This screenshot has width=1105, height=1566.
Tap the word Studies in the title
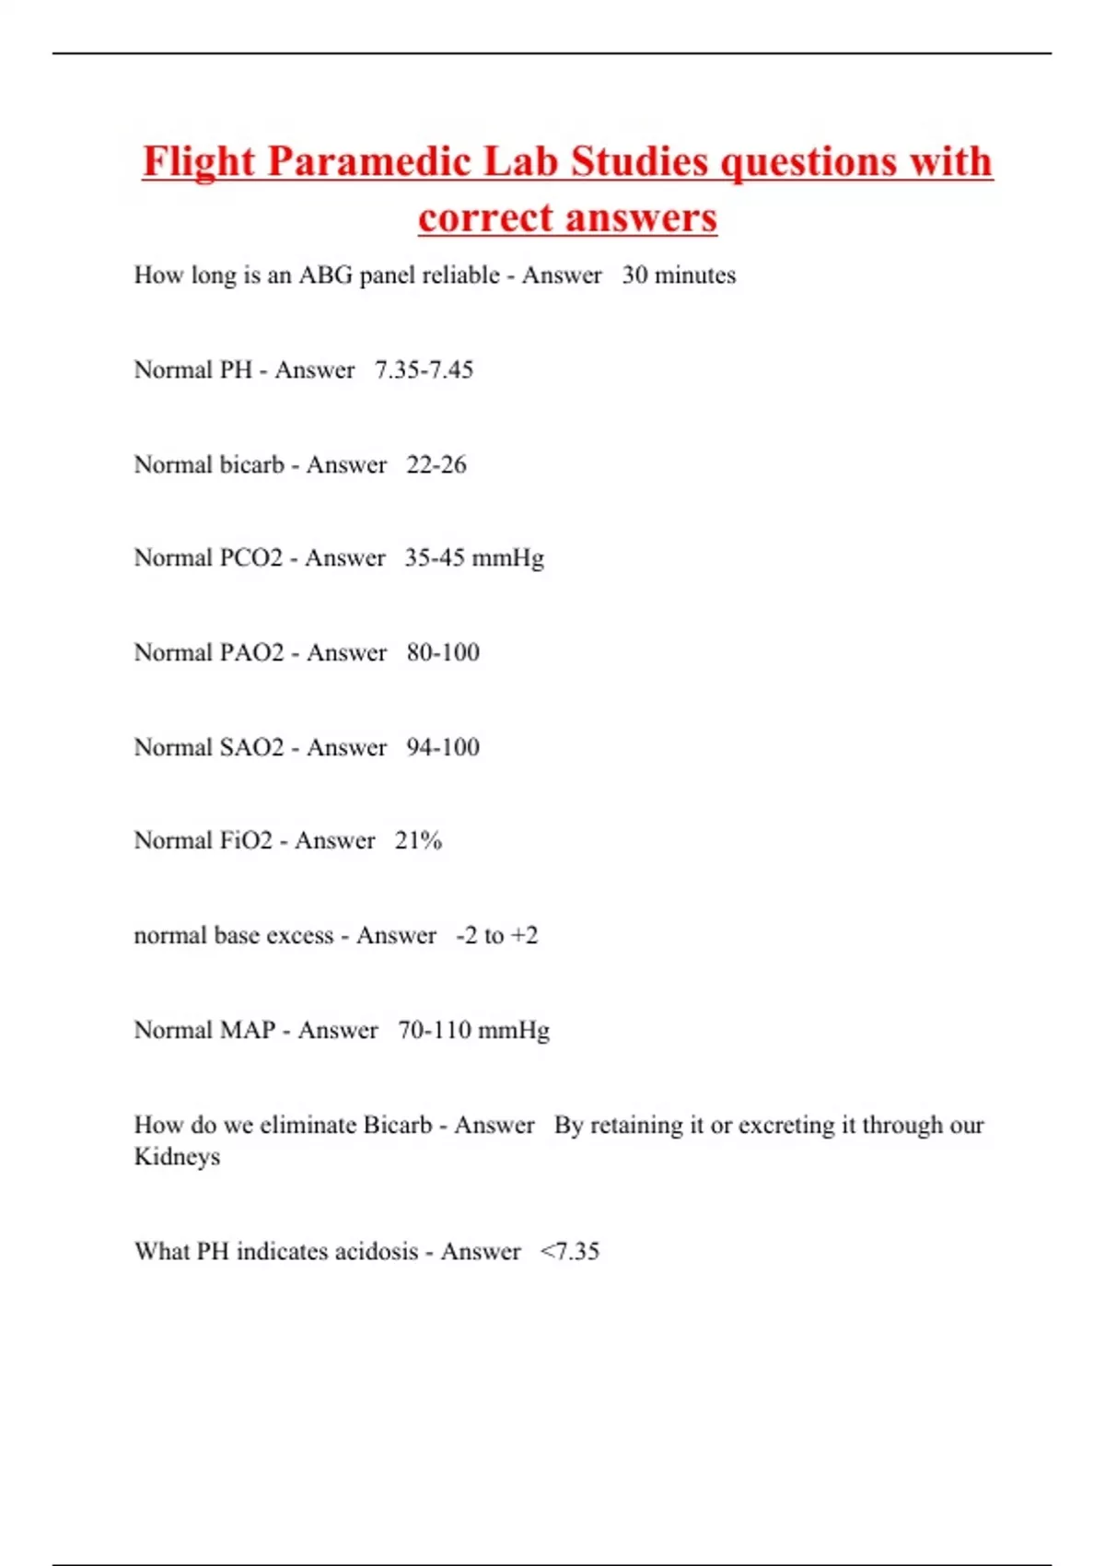click(x=640, y=163)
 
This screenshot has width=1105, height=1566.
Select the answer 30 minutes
click(x=679, y=275)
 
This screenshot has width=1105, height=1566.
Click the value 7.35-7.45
click(x=424, y=370)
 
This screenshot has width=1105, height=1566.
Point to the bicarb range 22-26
click(x=436, y=465)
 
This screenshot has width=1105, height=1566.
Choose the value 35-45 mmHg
click(x=474, y=558)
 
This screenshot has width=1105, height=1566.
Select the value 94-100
click(x=443, y=747)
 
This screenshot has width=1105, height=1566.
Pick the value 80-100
click(x=443, y=653)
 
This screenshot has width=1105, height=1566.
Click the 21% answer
click(x=418, y=841)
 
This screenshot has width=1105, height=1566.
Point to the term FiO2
click(x=246, y=841)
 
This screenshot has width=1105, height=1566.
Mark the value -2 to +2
click(x=496, y=936)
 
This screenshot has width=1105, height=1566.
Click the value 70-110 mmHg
click(x=473, y=1030)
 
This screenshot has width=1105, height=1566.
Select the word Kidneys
click(x=177, y=1157)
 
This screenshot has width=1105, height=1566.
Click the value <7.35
click(x=569, y=1252)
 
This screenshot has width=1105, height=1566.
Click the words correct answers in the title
click(x=567, y=219)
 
